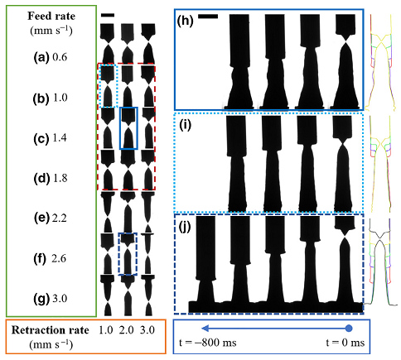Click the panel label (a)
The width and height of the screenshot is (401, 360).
41,57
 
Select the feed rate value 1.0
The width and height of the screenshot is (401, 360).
60,98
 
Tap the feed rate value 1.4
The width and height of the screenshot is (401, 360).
60,138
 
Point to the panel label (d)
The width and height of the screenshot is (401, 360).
41,179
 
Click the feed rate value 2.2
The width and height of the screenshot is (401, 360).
59,218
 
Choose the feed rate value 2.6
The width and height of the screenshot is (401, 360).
59,259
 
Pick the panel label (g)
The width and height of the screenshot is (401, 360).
41,299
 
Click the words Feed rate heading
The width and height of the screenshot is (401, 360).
51,16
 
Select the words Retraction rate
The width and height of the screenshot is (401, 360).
51,330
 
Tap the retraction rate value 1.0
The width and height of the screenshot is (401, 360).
106,330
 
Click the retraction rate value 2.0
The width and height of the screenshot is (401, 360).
127,330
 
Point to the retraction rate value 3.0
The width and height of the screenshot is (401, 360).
147,330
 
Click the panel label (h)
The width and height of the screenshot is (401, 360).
186,21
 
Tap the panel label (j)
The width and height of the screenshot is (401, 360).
185,228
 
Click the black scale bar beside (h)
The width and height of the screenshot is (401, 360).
208,17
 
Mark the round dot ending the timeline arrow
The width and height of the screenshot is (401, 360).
349,329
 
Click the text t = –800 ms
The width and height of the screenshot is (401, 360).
208,343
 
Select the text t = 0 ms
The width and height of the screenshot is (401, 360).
345,343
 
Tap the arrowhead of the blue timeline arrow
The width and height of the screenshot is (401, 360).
205,329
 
